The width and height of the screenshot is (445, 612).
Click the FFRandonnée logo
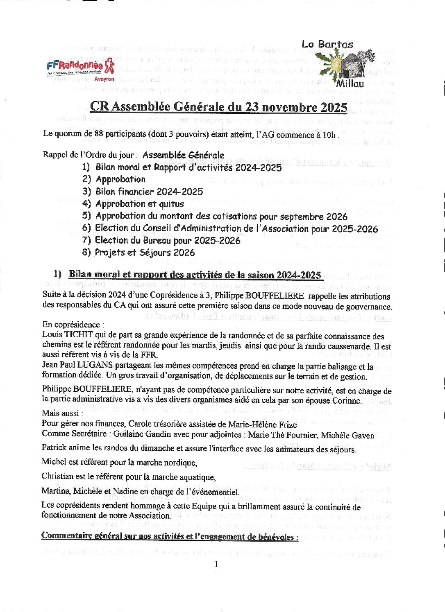click(x=80, y=68)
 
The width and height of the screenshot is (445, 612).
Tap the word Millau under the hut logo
click(x=350, y=84)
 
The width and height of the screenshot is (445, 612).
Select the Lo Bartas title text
click(x=327, y=44)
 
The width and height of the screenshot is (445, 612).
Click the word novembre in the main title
click(x=290, y=107)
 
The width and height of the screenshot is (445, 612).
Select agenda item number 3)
click(x=86, y=192)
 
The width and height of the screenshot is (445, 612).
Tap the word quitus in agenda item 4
click(x=171, y=204)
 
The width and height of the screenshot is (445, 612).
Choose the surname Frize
click(x=286, y=425)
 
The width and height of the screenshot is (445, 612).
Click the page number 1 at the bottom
click(x=216, y=564)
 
